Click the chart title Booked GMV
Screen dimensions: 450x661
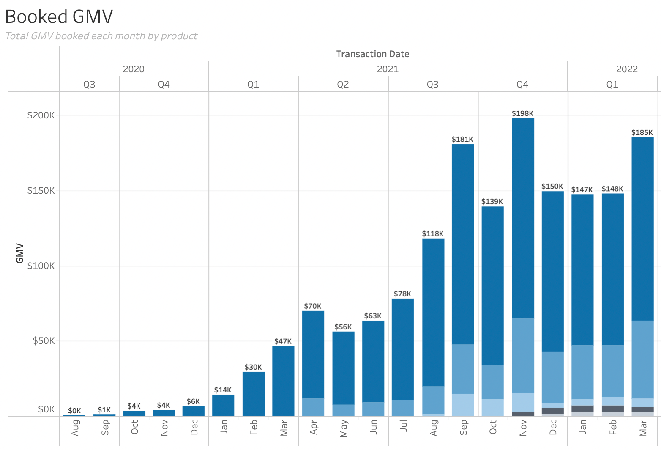click(x=59, y=17)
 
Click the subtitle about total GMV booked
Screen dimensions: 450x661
click(x=101, y=36)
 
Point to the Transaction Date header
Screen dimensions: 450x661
click(x=372, y=54)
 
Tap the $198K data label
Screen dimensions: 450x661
click(x=522, y=113)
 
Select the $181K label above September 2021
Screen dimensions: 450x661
click(x=462, y=139)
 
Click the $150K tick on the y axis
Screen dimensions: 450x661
click(x=41, y=191)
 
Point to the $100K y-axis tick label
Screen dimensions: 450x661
click(x=41, y=266)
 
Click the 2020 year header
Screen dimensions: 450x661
click(x=134, y=69)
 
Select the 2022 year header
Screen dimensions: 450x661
click(x=626, y=69)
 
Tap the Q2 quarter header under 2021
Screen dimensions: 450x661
click(x=343, y=85)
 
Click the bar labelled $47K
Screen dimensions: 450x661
click(x=283, y=381)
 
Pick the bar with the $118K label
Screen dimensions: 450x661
click(x=433, y=313)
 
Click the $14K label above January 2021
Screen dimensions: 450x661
click(x=223, y=390)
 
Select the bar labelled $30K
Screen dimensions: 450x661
click(x=253, y=393)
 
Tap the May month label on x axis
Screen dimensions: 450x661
click(x=344, y=428)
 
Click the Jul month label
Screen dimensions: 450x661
click(x=403, y=426)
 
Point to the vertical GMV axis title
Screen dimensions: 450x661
click(x=19, y=253)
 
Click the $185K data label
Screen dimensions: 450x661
click(x=642, y=132)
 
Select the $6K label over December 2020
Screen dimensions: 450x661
click(x=193, y=401)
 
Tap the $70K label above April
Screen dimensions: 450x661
click(x=313, y=306)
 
